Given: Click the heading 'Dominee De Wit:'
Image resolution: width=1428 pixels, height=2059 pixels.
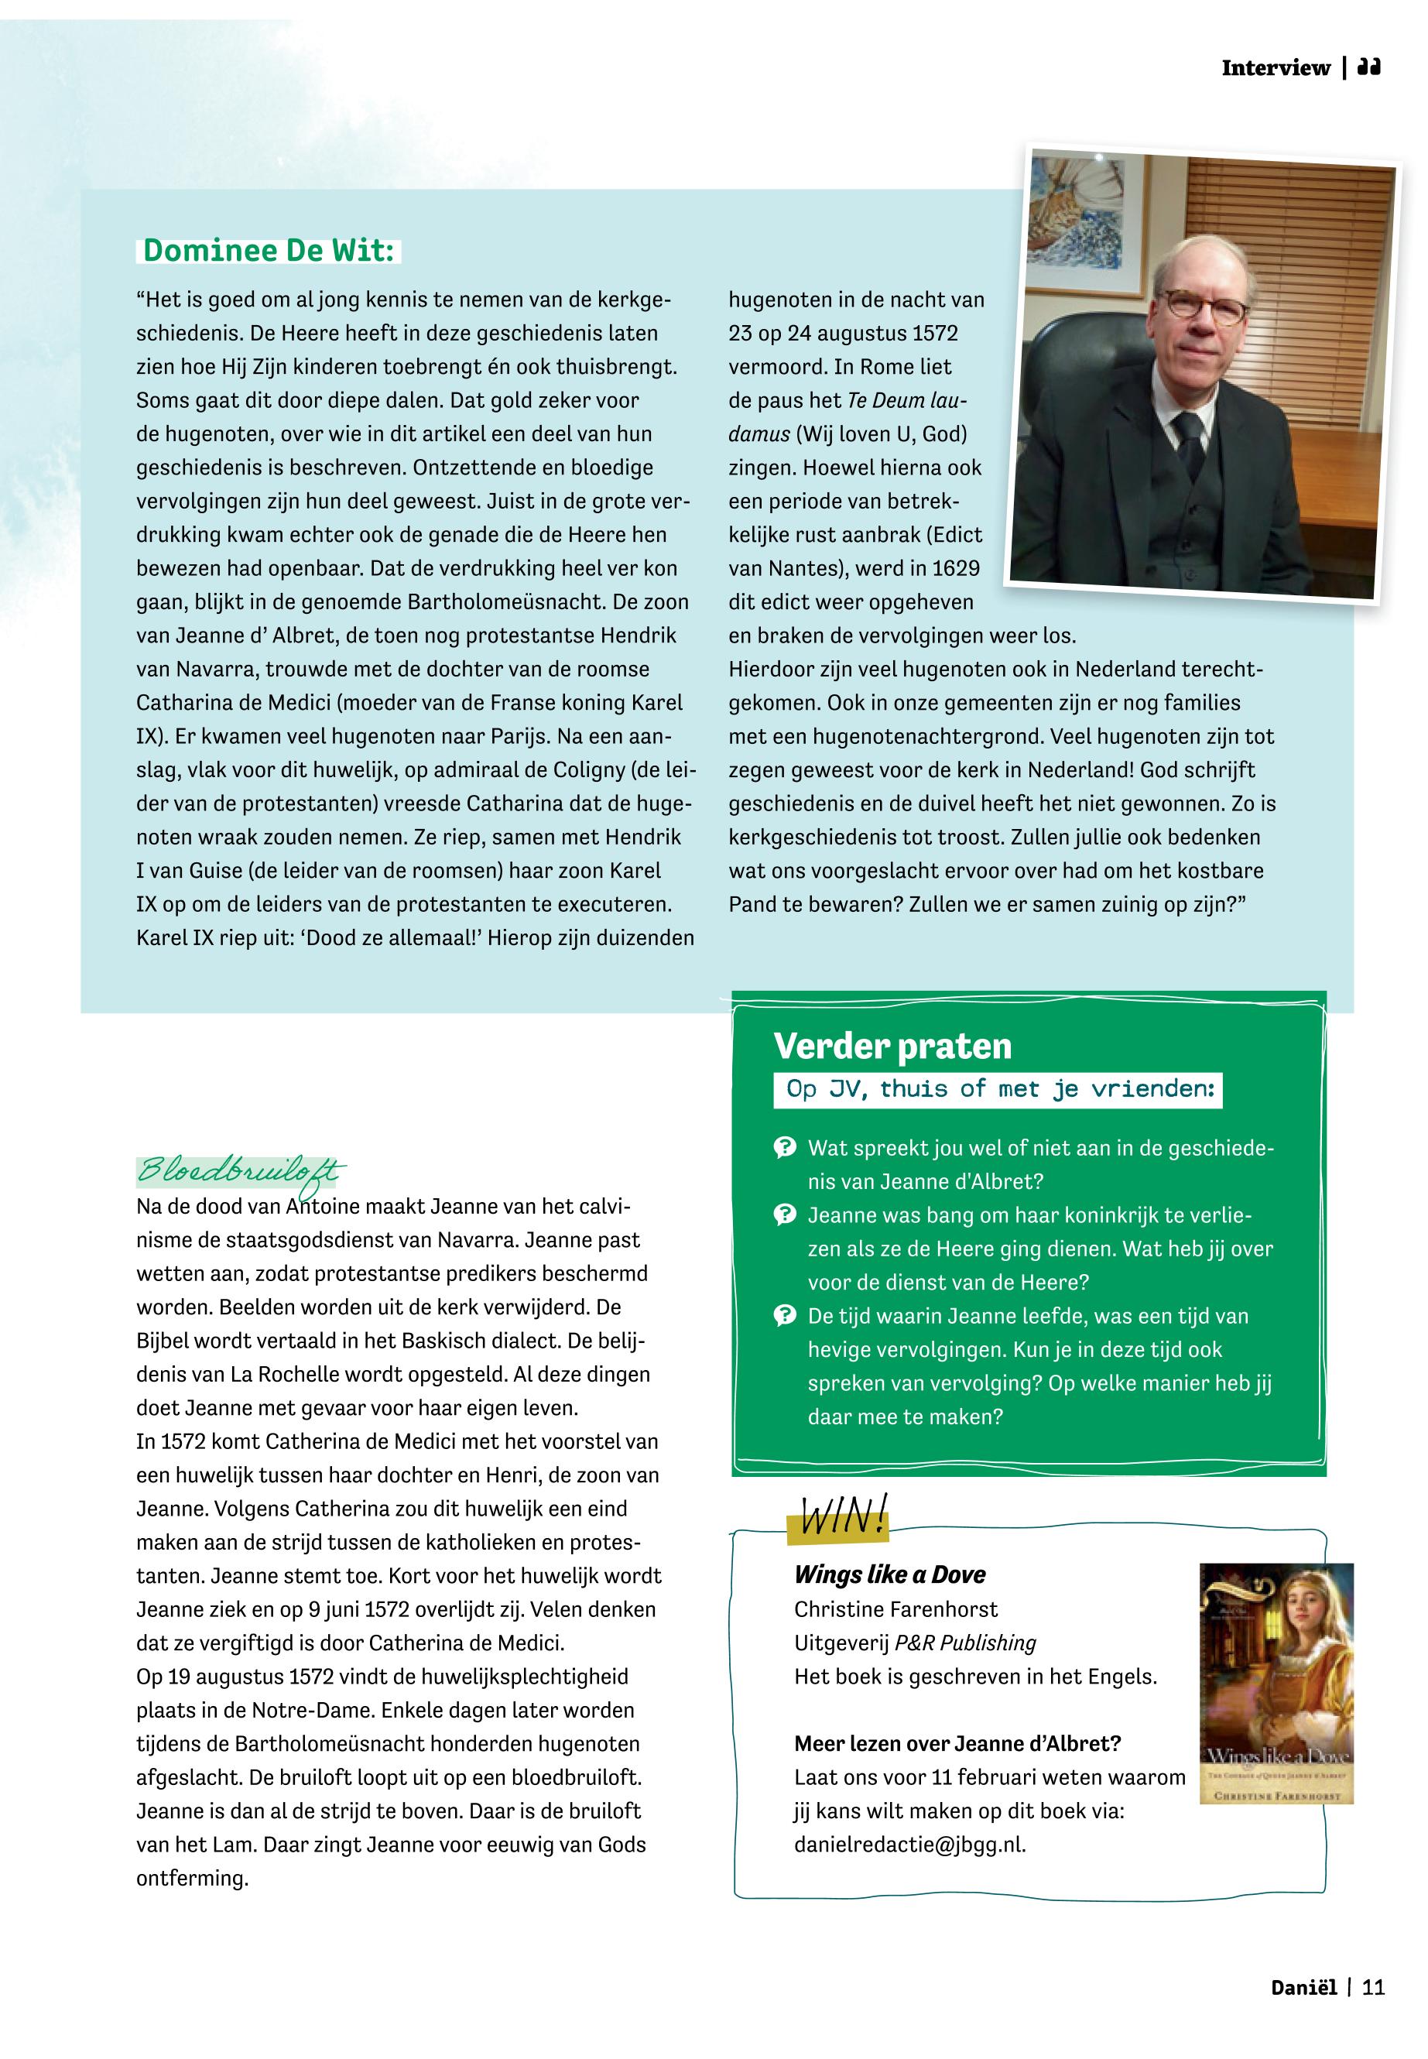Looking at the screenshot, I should (269, 251).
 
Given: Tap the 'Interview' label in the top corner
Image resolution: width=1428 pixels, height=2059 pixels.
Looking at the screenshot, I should (1276, 68).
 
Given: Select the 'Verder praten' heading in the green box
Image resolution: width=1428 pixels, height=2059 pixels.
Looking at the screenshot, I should (892, 1046).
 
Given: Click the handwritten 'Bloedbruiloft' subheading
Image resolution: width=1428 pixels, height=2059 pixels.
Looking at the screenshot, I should (240, 1171).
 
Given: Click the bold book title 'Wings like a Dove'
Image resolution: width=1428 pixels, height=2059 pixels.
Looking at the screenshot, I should (889, 1575).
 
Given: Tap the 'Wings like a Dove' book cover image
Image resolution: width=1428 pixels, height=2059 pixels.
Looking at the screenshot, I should (1276, 1683).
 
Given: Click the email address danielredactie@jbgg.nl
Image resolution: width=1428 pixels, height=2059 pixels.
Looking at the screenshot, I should (910, 1845).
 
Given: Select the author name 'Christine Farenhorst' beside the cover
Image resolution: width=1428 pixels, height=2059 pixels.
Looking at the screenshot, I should (895, 1609).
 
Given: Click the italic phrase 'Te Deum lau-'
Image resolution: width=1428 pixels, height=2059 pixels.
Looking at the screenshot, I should (907, 400).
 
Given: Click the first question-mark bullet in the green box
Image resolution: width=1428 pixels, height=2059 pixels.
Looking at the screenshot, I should (785, 1148).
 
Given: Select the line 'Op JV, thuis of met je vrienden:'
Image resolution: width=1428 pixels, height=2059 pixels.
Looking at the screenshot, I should (999, 1089).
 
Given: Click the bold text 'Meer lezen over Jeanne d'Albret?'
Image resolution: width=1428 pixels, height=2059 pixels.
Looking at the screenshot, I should (957, 1743).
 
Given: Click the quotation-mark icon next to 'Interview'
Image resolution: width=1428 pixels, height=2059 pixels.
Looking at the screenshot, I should (1369, 67).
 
